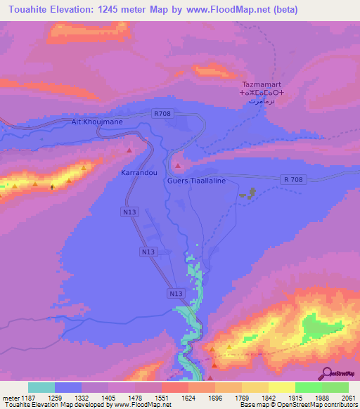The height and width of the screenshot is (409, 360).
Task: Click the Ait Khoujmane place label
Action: [x=97, y=122]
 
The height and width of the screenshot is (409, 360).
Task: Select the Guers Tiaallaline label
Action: [x=196, y=180]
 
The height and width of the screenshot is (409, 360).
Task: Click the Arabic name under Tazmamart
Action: [x=262, y=101]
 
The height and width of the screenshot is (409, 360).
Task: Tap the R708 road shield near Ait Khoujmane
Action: [x=161, y=112]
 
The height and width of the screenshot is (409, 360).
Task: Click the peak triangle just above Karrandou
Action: [x=129, y=150]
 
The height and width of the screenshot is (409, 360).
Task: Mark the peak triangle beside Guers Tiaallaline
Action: [x=178, y=166]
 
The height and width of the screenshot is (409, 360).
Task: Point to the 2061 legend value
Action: [x=348, y=398]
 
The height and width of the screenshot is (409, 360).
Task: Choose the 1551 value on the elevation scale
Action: [x=162, y=398]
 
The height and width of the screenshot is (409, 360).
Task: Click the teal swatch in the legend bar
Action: [x=41, y=387]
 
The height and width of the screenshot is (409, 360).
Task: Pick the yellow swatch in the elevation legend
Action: [x=281, y=387]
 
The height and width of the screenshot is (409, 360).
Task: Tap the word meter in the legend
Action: [x=11, y=398]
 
